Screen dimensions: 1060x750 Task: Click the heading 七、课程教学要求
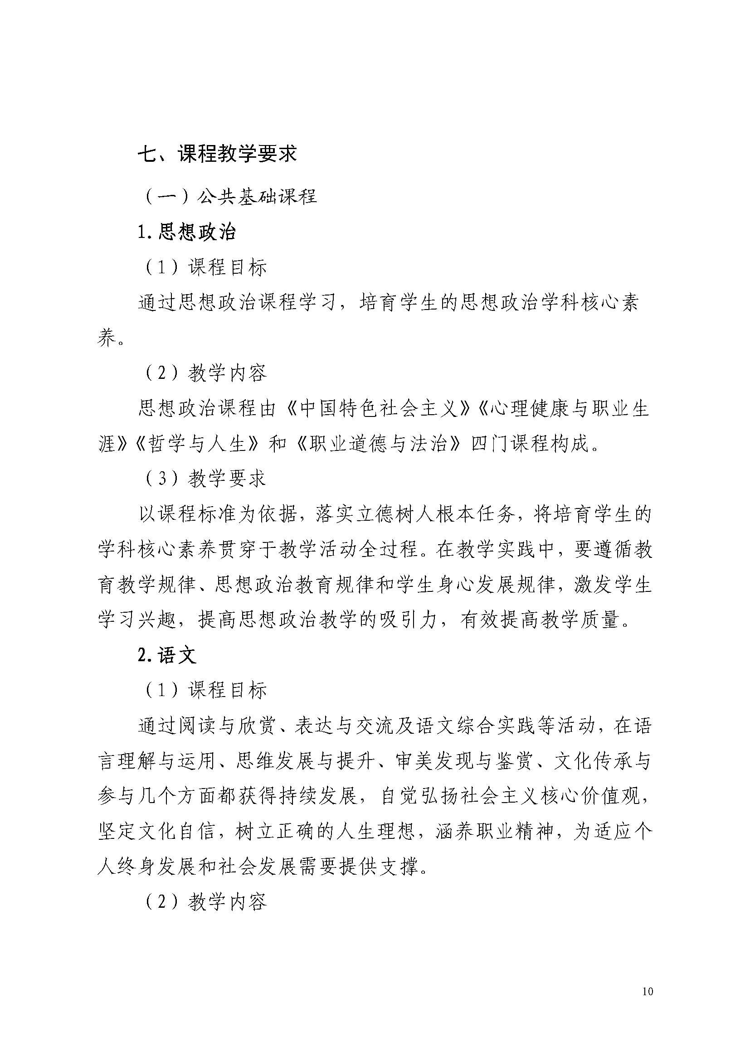(217, 154)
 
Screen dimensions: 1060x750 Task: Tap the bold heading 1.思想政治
(186, 232)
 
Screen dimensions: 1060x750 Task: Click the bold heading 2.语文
(167, 655)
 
